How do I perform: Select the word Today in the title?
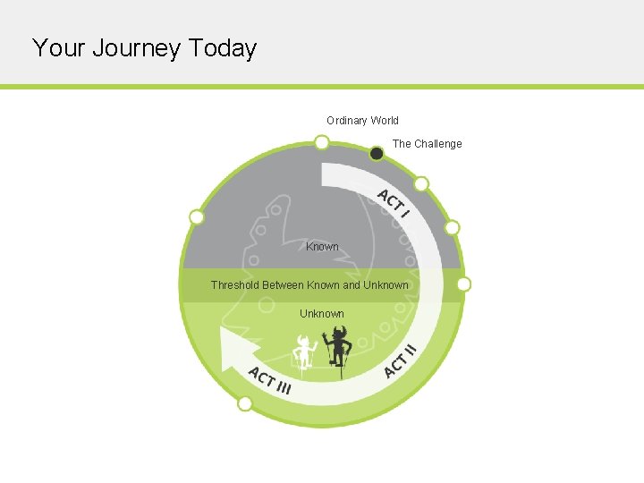click(223, 48)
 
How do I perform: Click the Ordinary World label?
click(362, 121)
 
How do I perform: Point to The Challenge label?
click(428, 144)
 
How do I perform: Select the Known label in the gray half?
click(322, 247)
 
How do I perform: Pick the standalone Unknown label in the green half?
click(322, 314)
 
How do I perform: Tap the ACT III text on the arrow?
click(269, 380)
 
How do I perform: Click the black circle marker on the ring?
click(377, 154)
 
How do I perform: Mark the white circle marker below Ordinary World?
click(321, 142)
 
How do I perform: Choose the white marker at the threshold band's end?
click(463, 284)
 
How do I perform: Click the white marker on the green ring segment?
click(245, 403)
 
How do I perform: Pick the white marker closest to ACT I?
click(421, 184)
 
